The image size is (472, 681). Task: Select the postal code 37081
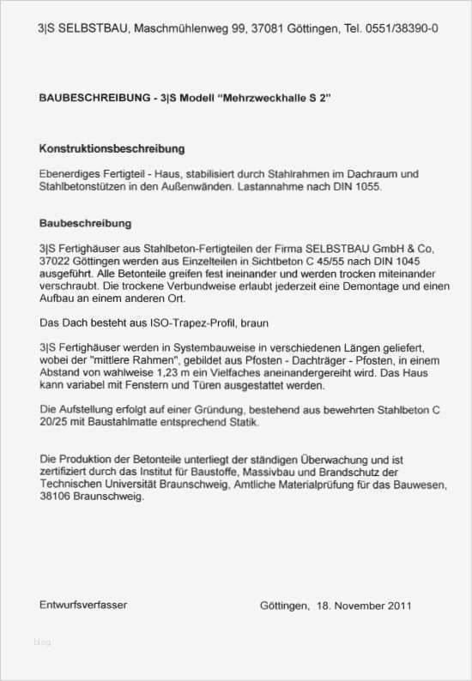click(x=267, y=29)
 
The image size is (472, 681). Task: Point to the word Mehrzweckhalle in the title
click(x=273, y=99)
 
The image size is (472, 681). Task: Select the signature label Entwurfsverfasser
click(x=83, y=605)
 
